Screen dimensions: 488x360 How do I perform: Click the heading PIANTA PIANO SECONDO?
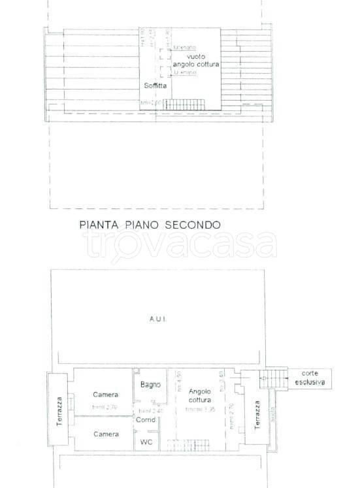pyautogui.click(x=150, y=224)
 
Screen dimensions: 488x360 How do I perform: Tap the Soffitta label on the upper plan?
pyautogui.click(x=155, y=86)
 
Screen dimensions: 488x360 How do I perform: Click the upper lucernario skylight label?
pyautogui.click(x=185, y=48)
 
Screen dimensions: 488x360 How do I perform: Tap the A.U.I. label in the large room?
pyautogui.click(x=157, y=319)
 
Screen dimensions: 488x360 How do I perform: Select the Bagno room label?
pyautogui.click(x=150, y=385)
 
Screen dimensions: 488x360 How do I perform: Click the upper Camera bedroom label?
pyautogui.click(x=105, y=395)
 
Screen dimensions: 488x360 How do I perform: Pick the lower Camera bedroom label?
pyautogui.click(x=105, y=434)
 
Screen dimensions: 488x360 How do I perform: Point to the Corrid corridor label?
pyautogui.click(x=146, y=419)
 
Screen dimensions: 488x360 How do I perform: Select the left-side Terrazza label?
pyautogui.click(x=59, y=410)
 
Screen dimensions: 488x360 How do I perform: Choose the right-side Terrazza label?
pyautogui.click(x=257, y=413)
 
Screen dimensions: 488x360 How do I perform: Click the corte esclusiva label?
pyautogui.click(x=309, y=379)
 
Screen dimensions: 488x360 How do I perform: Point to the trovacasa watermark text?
pyautogui.click(x=180, y=246)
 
